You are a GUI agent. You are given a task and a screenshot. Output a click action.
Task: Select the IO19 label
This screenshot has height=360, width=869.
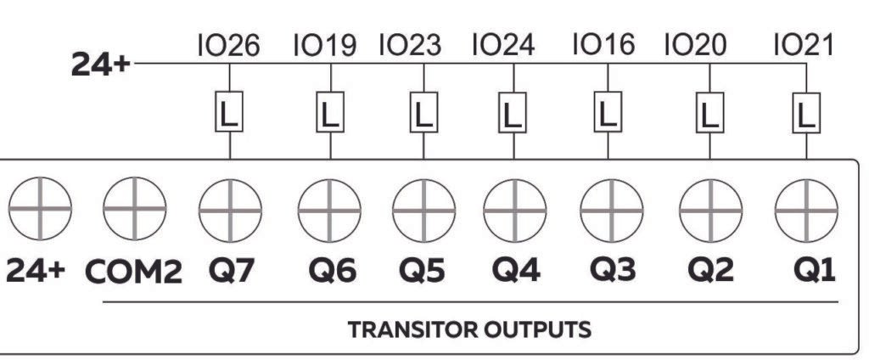coord(324,46)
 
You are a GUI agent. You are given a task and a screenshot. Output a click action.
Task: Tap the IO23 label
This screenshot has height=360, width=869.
coord(410,46)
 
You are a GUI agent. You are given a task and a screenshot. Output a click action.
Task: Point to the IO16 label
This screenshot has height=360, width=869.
coord(603,46)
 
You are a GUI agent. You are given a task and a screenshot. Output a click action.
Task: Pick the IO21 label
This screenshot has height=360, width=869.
coord(803,46)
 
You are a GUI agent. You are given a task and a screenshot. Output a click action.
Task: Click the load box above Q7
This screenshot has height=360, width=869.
coord(230,112)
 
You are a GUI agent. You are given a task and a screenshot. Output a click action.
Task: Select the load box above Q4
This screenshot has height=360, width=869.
coord(510,112)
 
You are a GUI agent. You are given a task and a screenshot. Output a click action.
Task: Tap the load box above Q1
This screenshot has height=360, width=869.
coord(806,112)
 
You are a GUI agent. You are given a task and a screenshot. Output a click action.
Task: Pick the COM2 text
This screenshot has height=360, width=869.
coord(133,272)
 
